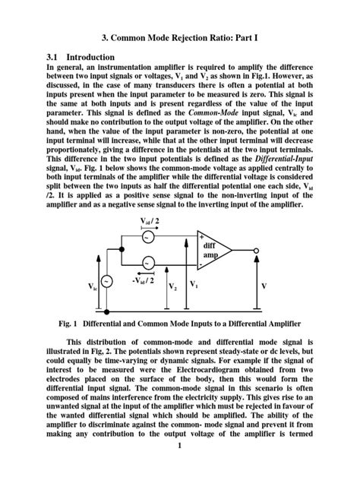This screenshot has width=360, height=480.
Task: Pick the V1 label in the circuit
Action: coord(194,285)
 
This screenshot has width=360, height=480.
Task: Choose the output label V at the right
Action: coord(264,286)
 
